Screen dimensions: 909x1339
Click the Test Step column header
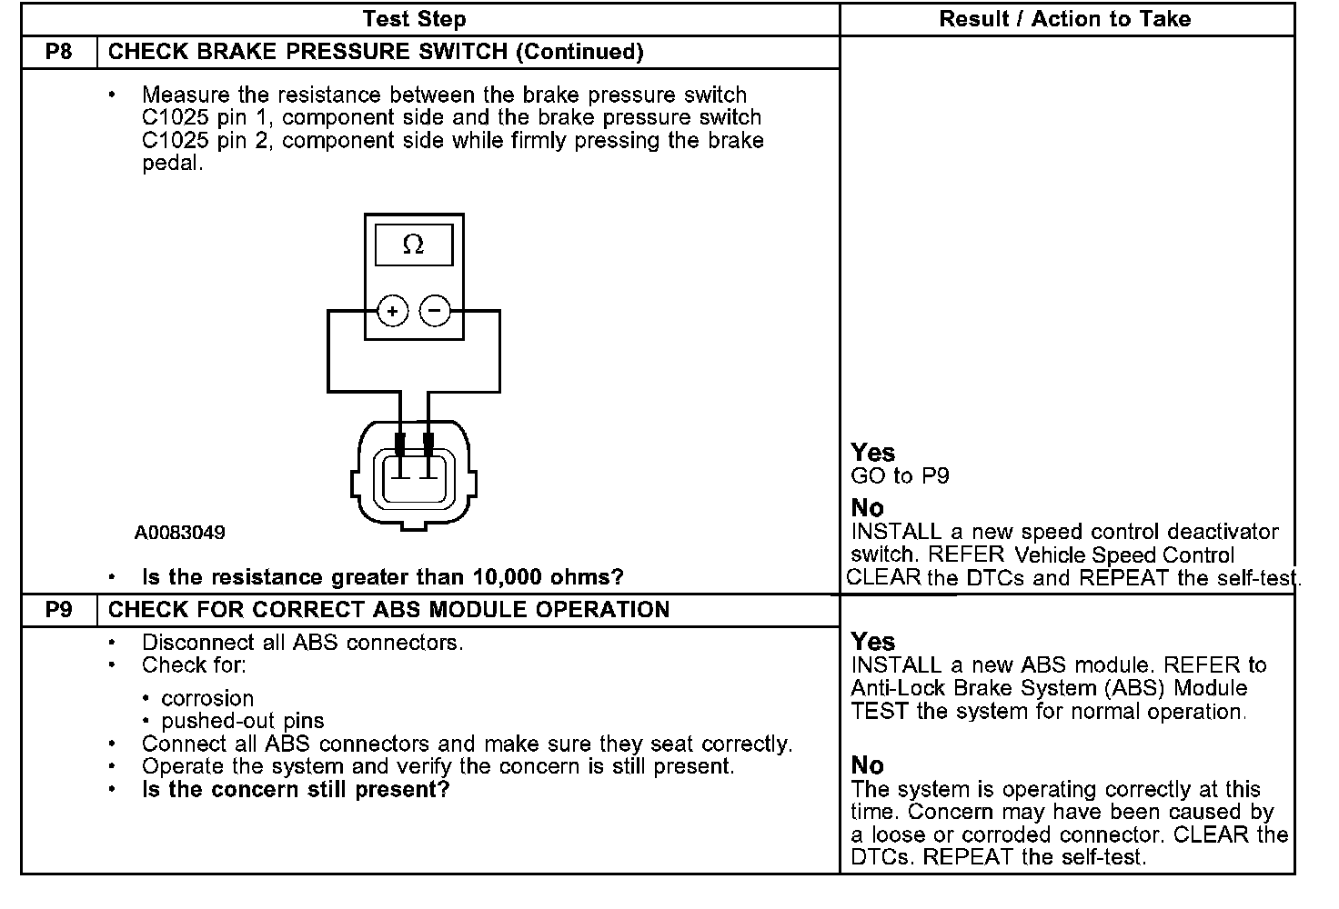(x=414, y=19)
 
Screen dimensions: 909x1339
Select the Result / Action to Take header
(x=1064, y=19)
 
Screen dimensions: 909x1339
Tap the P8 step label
(x=59, y=52)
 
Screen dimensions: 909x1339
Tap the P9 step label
(x=59, y=609)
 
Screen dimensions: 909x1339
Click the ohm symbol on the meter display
(x=413, y=245)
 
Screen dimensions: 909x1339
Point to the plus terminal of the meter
(x=392, y=312)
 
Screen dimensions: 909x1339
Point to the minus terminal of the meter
(x=435, y=312)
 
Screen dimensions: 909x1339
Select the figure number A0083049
(x=180, y=533)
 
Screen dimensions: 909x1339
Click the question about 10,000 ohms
(x=383, y=577)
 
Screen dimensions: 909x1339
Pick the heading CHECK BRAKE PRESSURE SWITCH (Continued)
(x=376, y=52)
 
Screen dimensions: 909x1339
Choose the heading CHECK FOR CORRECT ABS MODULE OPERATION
(x=388, y=609)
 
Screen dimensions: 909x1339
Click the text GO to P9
(x=900, y=475)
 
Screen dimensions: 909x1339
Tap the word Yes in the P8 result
(x=872, y=453)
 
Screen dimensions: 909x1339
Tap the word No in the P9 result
(x=867, y=765)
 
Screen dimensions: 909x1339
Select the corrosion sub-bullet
(x=207, y=698)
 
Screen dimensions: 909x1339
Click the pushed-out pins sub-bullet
(x=242, y=721)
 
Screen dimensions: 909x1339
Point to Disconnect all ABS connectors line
(x=302, y=643)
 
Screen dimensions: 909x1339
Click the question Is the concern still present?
(x=296, y=789)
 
